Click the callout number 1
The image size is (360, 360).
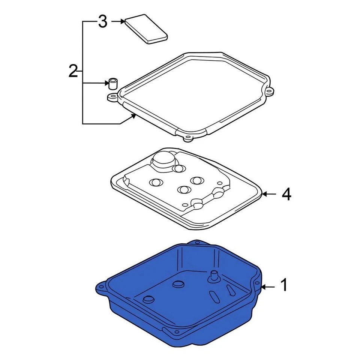[284, 285]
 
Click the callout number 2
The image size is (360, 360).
[73, 71]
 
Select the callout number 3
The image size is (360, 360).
[103, 22]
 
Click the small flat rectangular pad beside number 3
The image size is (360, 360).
[146, 29]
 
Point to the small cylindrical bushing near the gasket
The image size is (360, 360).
[112, 83]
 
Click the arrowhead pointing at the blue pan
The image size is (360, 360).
[263, 287]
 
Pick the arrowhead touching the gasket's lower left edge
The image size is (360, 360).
[133, 117]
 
